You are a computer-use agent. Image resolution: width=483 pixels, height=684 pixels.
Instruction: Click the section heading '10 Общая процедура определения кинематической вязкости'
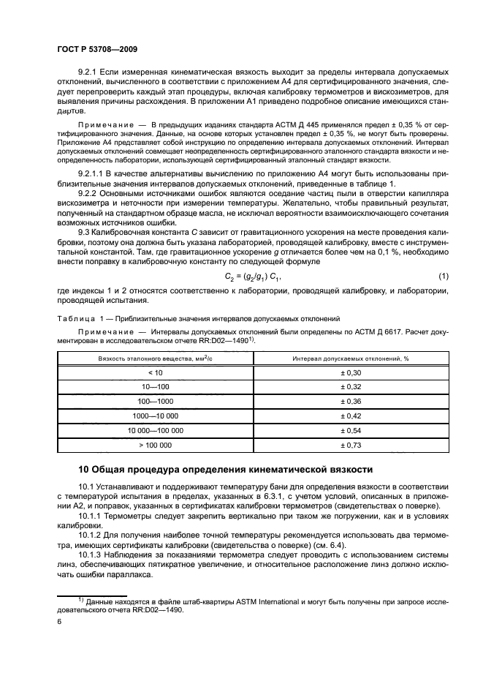click(x=226, y=469)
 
